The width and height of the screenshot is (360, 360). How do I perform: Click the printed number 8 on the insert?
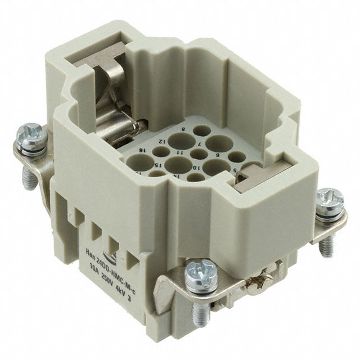(x=183, y=129)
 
